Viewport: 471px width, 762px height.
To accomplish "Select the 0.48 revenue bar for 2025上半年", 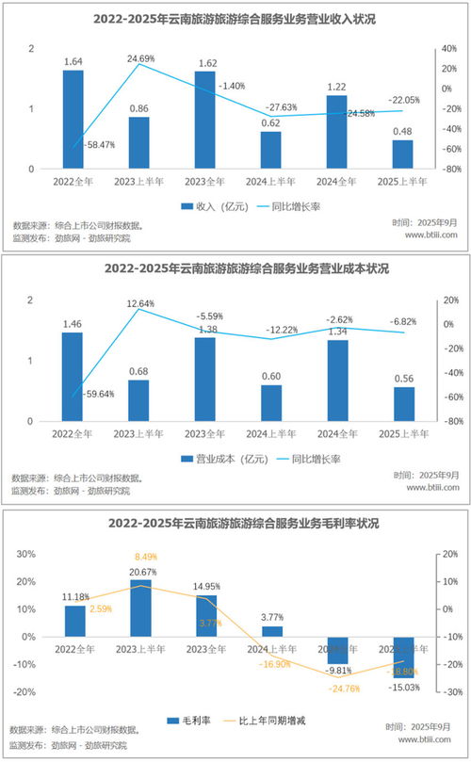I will click(402, 154).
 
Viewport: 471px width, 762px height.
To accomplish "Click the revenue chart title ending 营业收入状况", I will click(235, 17).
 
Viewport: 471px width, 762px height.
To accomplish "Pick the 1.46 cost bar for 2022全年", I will click(73, 377).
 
